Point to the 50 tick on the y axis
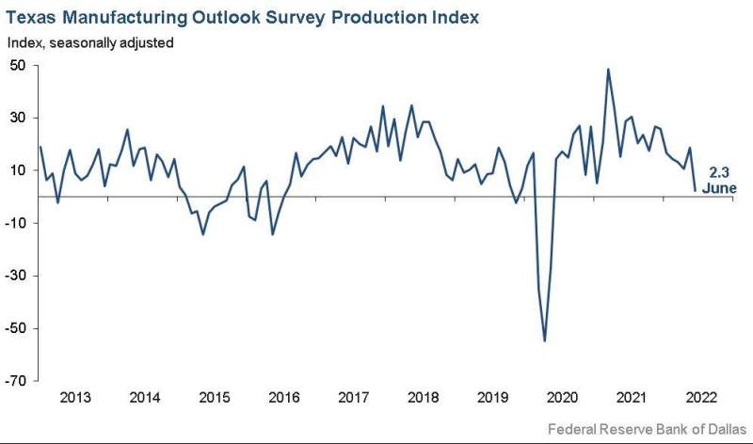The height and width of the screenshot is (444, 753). (x=18, y=66)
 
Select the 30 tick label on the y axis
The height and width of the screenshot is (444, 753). (x=18, y=119)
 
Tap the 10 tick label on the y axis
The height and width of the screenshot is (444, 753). (x=18, y=170)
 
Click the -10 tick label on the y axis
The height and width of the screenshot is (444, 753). (x=16, y=223)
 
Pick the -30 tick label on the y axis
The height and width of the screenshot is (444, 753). (x=16, y=276)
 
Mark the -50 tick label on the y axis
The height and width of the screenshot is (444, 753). (x=16, y=328)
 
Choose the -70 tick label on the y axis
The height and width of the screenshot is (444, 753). (x=16, y=381)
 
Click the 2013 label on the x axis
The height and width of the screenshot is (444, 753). (x=75, y=397)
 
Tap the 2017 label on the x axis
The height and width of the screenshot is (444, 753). (x=352, y=397)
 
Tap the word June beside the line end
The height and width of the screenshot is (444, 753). (x=720, y=188)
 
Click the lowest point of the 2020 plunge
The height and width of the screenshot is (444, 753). (x=545, y=341)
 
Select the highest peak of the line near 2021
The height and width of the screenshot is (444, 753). (x=608, y=69)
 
